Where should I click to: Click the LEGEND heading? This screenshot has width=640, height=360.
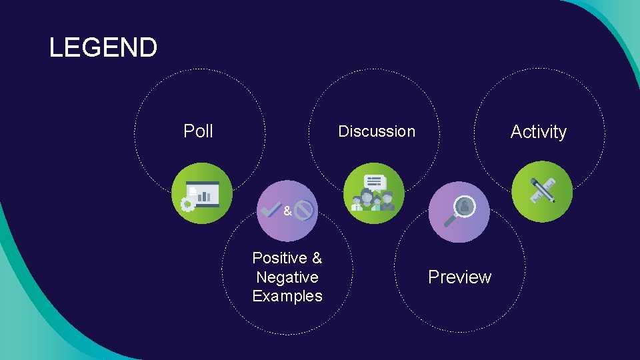coord(103,47)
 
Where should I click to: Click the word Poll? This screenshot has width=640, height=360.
coord(198,131)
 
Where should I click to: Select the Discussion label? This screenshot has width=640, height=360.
coord(376,131)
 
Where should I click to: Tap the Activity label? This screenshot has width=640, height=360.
coord(538,132)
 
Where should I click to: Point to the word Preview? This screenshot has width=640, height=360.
coord(459,277)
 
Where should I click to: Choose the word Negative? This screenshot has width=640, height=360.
coord(287,277)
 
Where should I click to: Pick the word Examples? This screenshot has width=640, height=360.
coord(287,296)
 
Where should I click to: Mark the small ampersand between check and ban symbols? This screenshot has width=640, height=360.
coord(287,211)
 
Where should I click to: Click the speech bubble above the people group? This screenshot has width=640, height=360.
coord(375,181)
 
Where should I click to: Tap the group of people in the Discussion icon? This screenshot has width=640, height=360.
coord(374,202)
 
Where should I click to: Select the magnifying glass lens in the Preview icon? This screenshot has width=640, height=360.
coord(464,207)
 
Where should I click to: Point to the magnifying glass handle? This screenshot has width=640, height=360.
coord(449,221)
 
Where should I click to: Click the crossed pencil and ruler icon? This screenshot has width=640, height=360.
coord(543,191)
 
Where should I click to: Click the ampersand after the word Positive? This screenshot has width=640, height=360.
coord(317,257)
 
